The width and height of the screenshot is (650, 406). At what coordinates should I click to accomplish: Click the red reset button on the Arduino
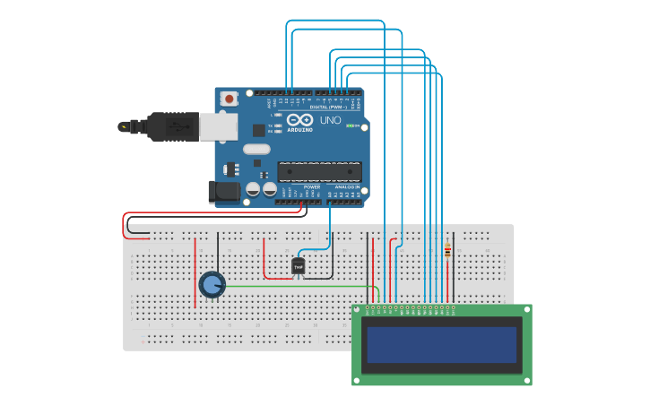pos(230,98)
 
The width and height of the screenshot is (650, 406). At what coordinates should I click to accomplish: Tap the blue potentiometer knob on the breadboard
pos(212,285)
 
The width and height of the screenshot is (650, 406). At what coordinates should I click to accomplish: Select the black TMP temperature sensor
pos(299,266)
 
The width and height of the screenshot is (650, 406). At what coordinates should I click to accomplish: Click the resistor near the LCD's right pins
pos(447,252)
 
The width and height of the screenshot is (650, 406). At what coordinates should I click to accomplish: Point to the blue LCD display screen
pos(442,344)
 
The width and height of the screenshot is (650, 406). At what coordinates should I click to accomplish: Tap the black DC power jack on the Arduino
pos(223,192)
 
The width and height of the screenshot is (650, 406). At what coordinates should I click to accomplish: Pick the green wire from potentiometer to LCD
pos(296,286)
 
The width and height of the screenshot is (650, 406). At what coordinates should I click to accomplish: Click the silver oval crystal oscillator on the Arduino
pos(256,150)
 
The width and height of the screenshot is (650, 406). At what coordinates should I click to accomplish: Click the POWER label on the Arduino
pos(299,187)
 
